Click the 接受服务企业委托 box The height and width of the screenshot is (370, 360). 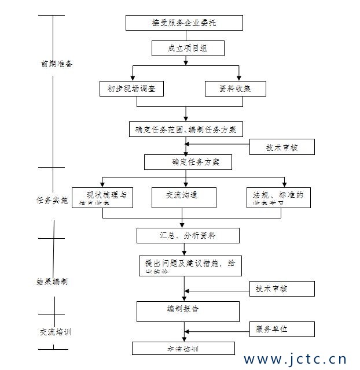(184, 23)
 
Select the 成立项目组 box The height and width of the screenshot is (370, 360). (188, 48)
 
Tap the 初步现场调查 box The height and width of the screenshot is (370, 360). (131, 88)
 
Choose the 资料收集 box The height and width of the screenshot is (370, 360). (235, 88)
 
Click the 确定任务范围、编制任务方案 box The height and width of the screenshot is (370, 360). (186, 129)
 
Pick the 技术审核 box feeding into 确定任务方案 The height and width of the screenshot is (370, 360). (282, 147)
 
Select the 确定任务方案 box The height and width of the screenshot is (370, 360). (188, 162)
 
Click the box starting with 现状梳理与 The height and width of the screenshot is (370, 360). (102, 197)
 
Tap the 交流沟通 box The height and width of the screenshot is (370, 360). (183, 197)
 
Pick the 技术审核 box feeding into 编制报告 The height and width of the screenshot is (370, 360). (282, 288)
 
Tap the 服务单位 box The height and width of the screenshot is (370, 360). (282, 329)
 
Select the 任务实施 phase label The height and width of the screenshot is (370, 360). (52, 200)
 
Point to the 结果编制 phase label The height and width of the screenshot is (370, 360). (52, 282)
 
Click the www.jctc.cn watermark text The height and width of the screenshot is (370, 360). (295, 359)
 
